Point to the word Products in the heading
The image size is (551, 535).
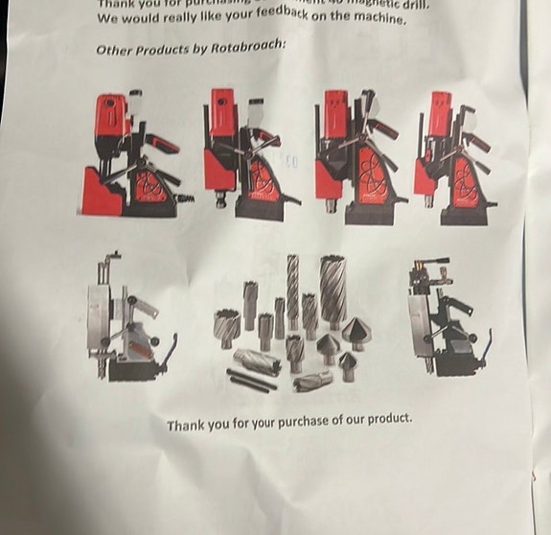point(165,50)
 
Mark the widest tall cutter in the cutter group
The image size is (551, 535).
point(333,292)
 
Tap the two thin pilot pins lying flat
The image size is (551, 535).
point(251,379)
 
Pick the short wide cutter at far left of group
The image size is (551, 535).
point(227,327)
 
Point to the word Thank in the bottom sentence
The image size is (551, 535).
point(186,425)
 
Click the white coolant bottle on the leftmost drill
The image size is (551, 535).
point(136,103)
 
